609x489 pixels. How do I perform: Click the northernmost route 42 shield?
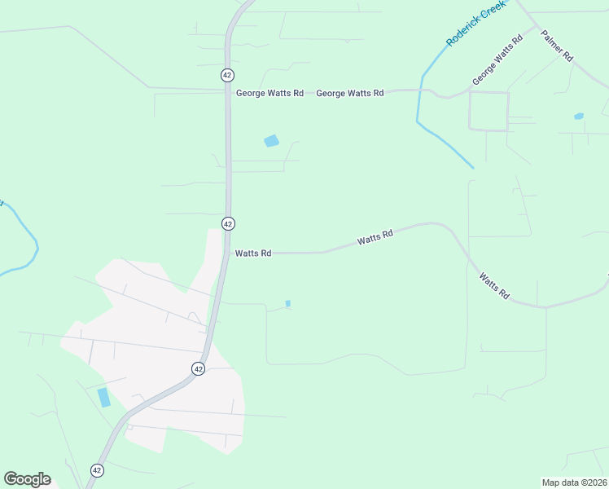(226, 74)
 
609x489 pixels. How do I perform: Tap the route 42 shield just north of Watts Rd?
(228, 223)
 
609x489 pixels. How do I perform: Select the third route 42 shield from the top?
(198, 368)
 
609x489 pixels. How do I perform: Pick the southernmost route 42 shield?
(97, 470)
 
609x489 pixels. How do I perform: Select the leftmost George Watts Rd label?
(269, 94)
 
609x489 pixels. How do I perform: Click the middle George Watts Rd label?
(349, 94)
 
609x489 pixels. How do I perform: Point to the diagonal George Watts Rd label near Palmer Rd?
(497, 61)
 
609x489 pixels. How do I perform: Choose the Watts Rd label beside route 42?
(253, 253)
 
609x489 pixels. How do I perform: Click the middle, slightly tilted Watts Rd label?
(375, 238)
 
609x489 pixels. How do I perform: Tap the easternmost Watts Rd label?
(494, 286)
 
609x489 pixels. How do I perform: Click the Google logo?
(27, 479)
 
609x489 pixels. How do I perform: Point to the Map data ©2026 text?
(574, 482)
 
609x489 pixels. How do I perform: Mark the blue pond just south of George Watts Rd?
(271, 141)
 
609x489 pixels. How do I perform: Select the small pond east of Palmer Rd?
(578, 117)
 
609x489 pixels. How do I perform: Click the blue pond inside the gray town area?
(104, 398)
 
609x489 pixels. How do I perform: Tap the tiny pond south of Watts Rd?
(287, 304)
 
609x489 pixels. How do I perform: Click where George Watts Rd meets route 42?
(226, 90)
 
